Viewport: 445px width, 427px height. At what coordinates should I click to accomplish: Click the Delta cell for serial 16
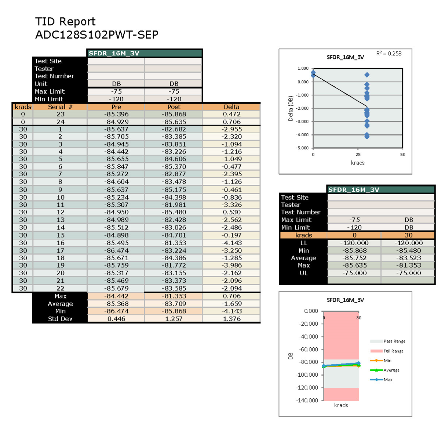coord(231,243)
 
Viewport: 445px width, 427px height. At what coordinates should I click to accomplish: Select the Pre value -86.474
coord(116,250)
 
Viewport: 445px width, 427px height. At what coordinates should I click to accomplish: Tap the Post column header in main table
coord(174,107)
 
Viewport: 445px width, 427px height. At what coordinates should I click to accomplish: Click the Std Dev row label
coord(60,319)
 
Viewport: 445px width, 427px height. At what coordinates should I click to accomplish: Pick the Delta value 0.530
coord(231,212)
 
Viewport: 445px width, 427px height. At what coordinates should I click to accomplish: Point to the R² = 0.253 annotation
coord(389,54)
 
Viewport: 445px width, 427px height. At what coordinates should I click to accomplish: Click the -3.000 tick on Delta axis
coord(303,122)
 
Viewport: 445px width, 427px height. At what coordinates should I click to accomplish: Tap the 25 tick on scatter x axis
coord(358,155)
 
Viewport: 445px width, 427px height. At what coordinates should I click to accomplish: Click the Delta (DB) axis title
coord(291,109)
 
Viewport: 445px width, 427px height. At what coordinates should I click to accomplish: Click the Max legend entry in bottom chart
coord(388,380)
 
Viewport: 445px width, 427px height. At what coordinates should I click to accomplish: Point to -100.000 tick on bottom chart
coord(307,374)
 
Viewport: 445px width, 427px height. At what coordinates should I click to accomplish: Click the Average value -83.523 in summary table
coord(408,258)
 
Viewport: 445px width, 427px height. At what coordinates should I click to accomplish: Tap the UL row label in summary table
coord(303,273)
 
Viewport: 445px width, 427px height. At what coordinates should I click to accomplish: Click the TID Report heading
coord(65,22)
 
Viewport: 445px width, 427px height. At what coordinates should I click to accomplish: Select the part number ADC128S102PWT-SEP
coord(97,35)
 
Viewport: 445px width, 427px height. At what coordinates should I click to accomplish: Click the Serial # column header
coord(60,107)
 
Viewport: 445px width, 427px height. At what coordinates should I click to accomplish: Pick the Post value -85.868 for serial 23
coord(174,114)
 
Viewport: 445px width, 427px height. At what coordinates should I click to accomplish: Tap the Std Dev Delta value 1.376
coord(231,319)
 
